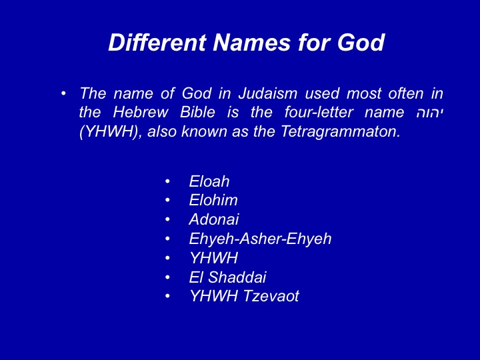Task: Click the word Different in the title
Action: (157, 42)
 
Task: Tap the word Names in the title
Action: (251, 42)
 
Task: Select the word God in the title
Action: (361, 42)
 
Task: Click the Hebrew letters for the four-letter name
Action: (430, 113)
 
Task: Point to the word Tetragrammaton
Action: (341, 131)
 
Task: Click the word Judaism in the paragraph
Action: (268, 93)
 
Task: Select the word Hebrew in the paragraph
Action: (141, 113)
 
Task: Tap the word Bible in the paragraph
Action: (197, 113)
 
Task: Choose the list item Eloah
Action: (209, 181)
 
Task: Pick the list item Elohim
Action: (213, 200)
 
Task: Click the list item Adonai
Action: (214, 219)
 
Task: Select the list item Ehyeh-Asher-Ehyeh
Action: (260, 239)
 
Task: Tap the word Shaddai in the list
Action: (237, 277)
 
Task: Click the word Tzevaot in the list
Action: (271, 296)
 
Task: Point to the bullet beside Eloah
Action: (167, 181)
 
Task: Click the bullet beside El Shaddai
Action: (167, 277)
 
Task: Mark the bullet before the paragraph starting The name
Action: (63, 93)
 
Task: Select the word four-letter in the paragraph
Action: (319, 113)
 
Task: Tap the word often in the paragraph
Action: (405, 93)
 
